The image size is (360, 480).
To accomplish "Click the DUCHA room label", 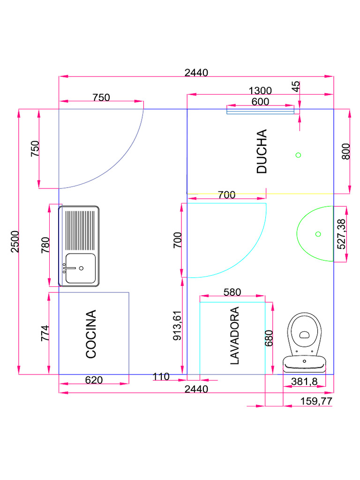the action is click(x=262, y=151).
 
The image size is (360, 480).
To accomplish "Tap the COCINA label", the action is click(x=91, y=334).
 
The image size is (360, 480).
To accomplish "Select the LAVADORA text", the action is click(x=234, y=336).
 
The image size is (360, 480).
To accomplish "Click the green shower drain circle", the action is click(x=298, y=155).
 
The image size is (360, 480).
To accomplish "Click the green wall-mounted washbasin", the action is click(x=315, y=234).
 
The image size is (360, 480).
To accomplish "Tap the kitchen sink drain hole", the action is click(x=81, y=268).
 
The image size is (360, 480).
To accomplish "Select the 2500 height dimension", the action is click(x=15, y=241).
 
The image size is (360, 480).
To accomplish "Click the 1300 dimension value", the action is click(x=260, y=90).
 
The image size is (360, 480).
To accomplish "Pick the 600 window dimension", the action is click(x=260, y=101).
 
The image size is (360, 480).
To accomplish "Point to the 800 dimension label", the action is click(x=345, y=151).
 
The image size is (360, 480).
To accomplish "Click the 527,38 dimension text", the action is click(x=341, y=234).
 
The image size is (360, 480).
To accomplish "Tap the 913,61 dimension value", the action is click(x=177, y=325).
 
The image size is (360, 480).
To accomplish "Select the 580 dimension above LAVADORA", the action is click(x=232, y=292).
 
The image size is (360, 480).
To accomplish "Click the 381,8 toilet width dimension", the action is click(x=304, y=382).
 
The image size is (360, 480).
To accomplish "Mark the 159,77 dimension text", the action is click(x=316, y=401).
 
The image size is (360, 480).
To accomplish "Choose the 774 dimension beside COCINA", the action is click(x=45, y=333).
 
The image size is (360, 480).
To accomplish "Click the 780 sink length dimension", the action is click(x=45, y=245).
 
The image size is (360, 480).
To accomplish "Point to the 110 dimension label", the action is click(x=161, y=376).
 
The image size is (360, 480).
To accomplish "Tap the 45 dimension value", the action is click(x=295, y=86).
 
